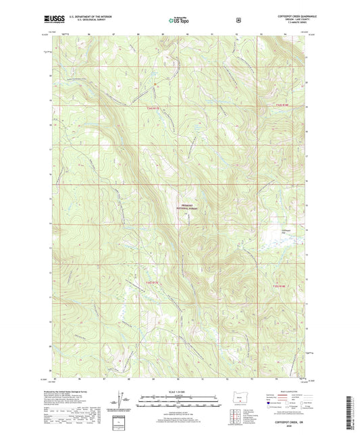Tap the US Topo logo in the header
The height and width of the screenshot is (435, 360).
tap(178, 20)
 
